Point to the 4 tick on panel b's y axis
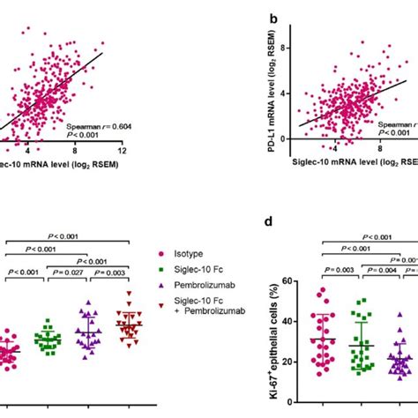pyautogui.click(x=289, y=91)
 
